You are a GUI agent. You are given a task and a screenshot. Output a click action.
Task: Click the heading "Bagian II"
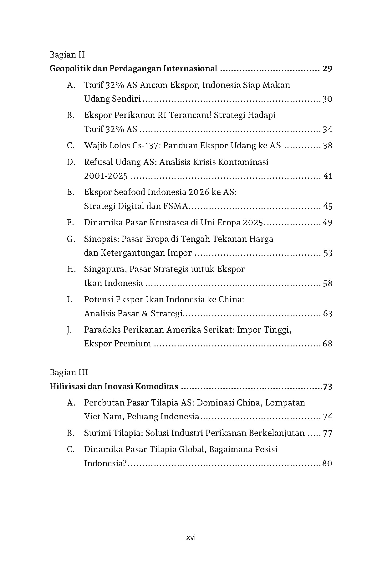coord(67,55)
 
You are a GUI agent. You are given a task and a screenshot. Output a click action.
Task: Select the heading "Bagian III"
coord(69,372)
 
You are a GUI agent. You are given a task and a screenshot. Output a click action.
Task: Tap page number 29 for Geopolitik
coord(327,69)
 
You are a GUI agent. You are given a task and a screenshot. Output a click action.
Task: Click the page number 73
coord(327,387)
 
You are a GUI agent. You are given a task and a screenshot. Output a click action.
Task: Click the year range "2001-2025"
coord(106,176)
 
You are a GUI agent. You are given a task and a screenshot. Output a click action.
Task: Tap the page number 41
coord(328,176)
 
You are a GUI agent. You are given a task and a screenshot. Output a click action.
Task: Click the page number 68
coord(327,344)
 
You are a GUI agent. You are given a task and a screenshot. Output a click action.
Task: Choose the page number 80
coord(327,463)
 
